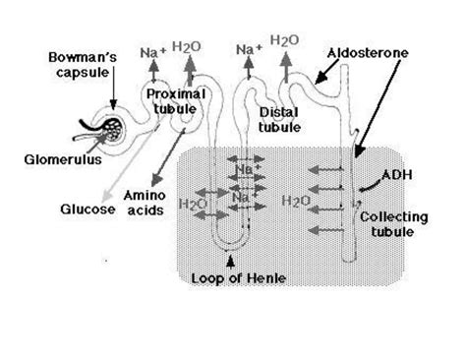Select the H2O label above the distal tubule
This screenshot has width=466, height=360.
tap(284, 42)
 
